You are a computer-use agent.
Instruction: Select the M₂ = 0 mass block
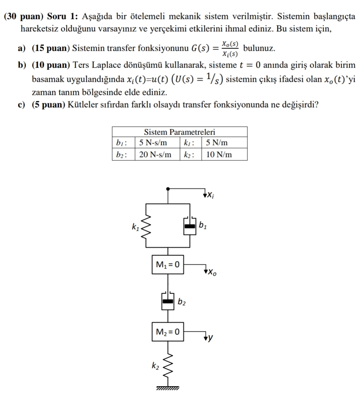point(168,331)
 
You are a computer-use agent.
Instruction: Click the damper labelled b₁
point(190,226)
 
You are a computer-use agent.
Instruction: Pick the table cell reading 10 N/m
point(219,154)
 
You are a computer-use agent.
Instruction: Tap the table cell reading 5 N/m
point(217,143)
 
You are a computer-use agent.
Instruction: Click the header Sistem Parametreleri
point(180,132)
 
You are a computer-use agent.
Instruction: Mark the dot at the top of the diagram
point(169,189)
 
